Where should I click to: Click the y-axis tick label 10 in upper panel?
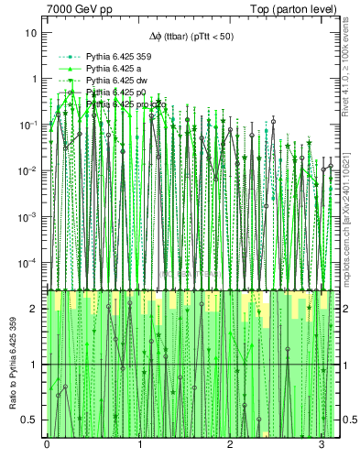point(31,33)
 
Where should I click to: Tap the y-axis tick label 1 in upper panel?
point(34,79)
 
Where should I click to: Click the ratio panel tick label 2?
point(34,309)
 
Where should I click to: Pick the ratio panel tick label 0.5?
point(30,420)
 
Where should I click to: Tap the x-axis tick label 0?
point(47,445)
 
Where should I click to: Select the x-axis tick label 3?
point(322,445)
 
